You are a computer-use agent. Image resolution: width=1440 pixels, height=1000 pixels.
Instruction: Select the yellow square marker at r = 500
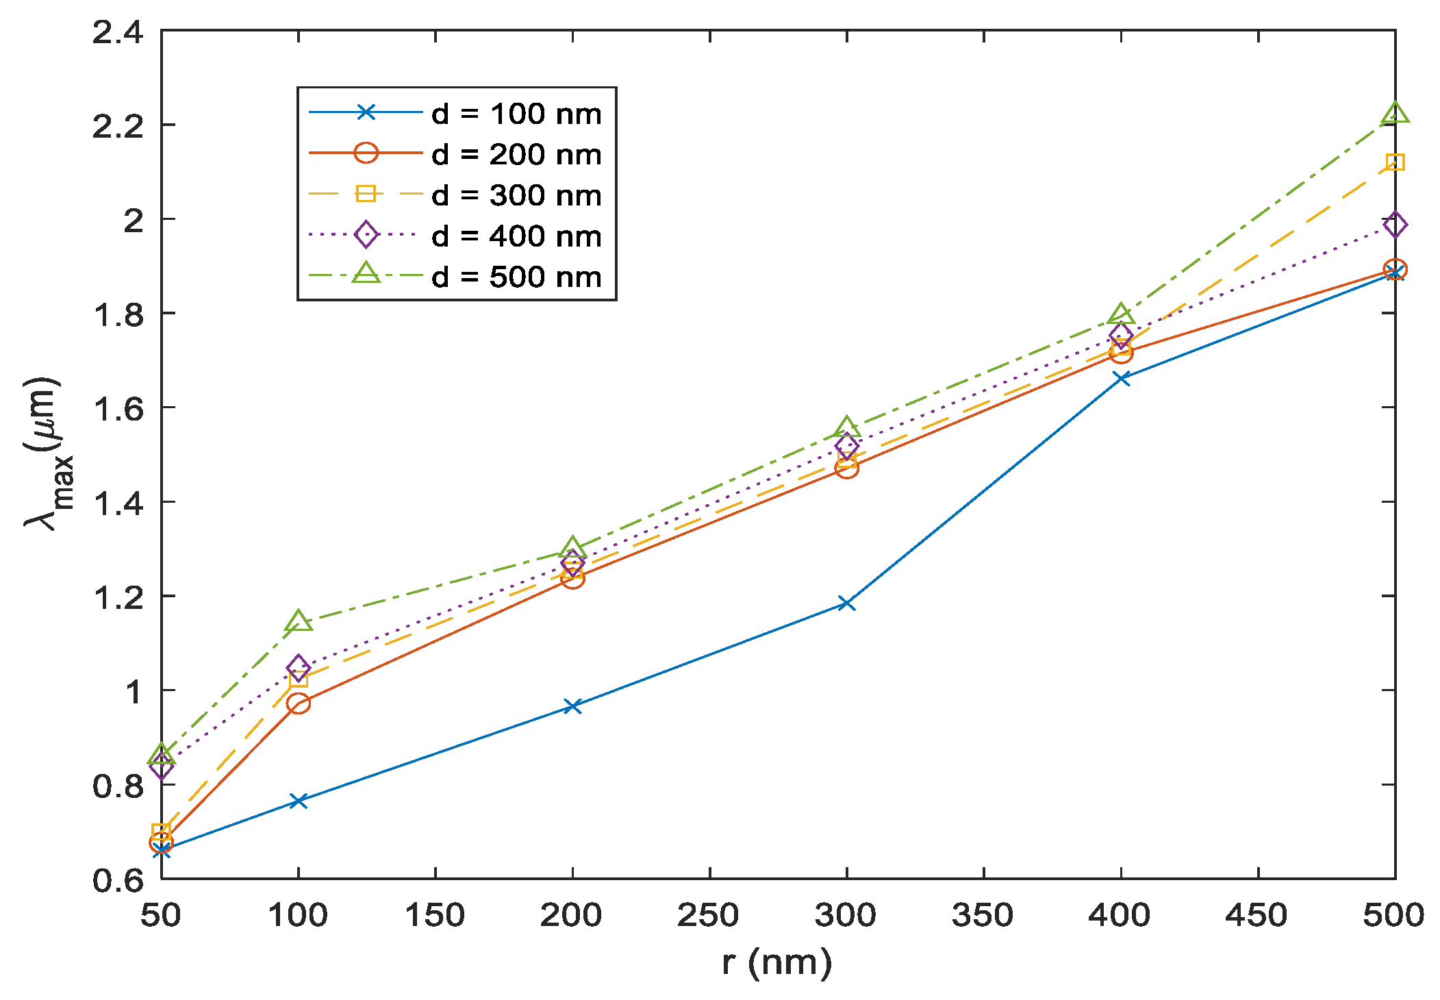pyautogui.click(x=1395, y=162)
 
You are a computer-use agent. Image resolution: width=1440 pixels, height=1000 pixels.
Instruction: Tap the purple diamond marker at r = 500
pyautogui.click(x=1395, y=225)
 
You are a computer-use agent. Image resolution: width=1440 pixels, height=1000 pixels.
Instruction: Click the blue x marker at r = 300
pyautogui.click(x=846, y=603)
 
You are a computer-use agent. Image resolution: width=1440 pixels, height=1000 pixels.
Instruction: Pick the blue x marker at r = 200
pyautogui.click(x=572, y=705)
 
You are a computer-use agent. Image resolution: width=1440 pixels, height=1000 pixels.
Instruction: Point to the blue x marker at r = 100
pyautogui.click(x=298, y=800)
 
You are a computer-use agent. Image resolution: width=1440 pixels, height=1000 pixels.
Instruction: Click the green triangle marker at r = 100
pyautogui.click(x=298, y=622)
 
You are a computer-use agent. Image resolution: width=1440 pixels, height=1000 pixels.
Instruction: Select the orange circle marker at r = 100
pyautogui.click(x=298, y=703)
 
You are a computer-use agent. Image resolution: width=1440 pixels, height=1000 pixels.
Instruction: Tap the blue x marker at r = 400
pyautogui.click(x=1121, y=378)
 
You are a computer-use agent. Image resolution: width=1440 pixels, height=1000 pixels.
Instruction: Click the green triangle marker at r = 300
pyautogui.click(x=846, y=427)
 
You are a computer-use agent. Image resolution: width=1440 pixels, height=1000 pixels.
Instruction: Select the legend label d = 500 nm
pyautogui.click(x=516, y=277)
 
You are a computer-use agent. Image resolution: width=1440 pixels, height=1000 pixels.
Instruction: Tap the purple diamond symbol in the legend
pyautogui.click(x=366, y=235)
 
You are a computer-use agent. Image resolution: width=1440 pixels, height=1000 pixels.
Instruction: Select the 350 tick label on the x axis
pyautogui.click(x=983, y=916)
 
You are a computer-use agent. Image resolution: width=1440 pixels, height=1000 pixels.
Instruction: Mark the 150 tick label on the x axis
pyautogui.click(x=435, y=916)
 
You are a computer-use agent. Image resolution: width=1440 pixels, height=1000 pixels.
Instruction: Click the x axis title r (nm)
pyautogui.click(x=777, y=963)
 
